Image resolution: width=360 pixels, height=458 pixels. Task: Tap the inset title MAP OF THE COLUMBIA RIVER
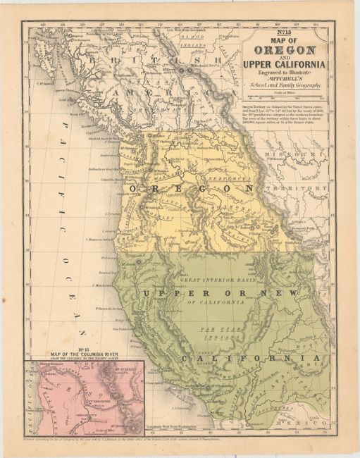point(83,354)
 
